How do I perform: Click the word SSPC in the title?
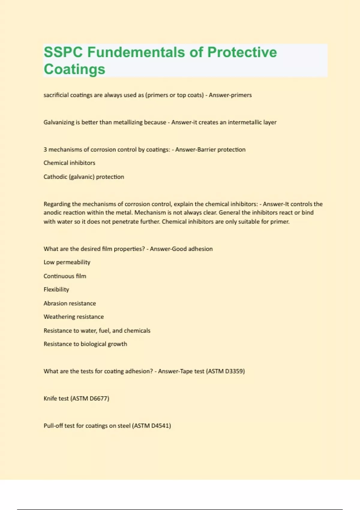point(63,52)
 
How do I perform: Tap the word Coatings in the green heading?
point(74,69)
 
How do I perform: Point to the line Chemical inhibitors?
point(69,163)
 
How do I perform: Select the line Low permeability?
point(67,262)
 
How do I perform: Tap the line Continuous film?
point(65,276)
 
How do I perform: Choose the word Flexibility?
point(56,289)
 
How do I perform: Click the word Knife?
point(50,399)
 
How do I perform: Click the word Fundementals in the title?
point(136,52)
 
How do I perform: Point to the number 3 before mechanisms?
point(45,150)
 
